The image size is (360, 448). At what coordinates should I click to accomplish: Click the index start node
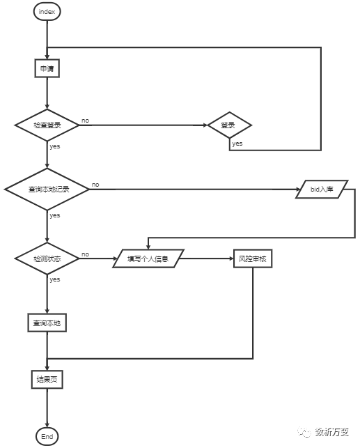pos(47,12)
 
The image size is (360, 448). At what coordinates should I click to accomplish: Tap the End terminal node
pos(47,436)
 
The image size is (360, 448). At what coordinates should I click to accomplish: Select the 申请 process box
pos(47,68)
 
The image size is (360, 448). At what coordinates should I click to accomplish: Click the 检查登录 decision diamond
pos(47,125)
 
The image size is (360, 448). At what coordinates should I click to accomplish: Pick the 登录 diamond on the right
pos(228,125)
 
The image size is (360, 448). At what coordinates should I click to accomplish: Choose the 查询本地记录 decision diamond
pos(47,189)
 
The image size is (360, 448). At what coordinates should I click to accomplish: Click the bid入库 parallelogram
pos(321,190)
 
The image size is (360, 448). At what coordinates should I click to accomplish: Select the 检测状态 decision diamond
pos(47,258)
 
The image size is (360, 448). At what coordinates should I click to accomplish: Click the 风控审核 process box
pos(252,259)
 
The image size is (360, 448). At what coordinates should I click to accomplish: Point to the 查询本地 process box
pos(47,323)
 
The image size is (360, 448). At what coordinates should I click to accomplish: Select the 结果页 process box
pos(47,380)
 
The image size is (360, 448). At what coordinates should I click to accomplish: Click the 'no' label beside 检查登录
pos(85,121)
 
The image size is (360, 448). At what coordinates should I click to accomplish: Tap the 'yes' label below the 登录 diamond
pos(237,144)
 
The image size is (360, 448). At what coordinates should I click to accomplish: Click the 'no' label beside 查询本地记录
pos(95,185)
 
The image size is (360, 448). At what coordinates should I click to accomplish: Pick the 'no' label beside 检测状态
pos(85,254)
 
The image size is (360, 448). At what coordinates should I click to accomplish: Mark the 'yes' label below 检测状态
pos(54,279)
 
